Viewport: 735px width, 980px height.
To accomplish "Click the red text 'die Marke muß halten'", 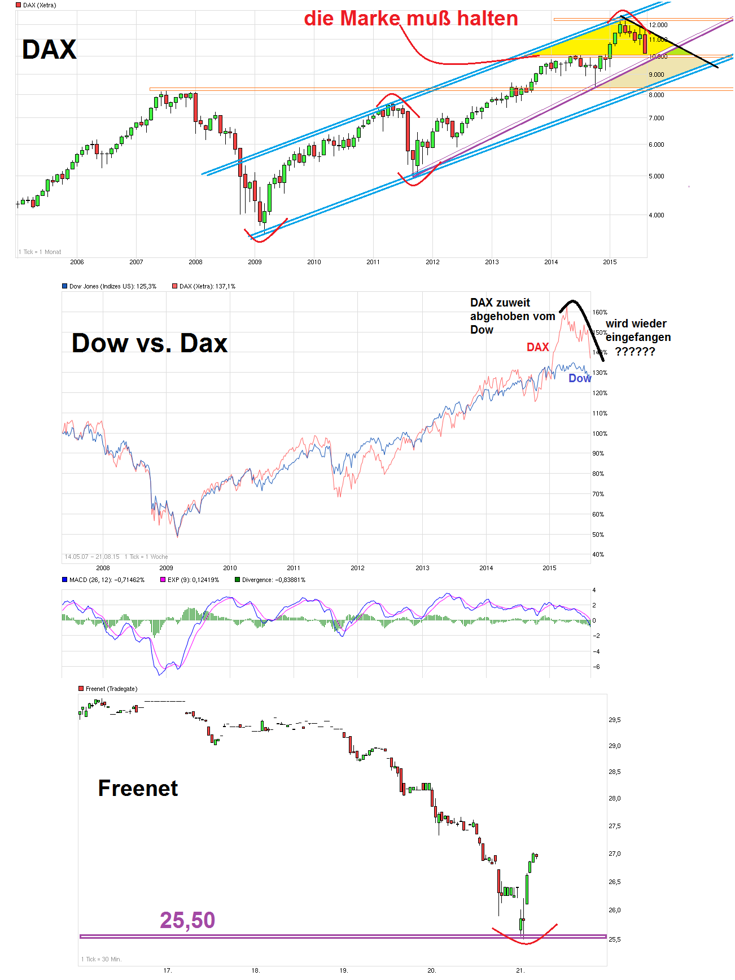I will (410, 19).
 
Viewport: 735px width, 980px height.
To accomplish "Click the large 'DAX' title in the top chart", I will (49, 50).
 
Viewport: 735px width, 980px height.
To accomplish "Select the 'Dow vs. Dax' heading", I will (150, 343).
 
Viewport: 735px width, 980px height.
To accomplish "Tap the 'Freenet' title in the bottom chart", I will (138, 788).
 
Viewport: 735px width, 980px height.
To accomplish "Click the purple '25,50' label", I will (187, 920).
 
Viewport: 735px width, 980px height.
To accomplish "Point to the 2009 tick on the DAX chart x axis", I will (255, 262).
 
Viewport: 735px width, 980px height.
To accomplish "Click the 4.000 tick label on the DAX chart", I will (656, 215).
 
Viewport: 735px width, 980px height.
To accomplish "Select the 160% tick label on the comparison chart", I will (600, 312).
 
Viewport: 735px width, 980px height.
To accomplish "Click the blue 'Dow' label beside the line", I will (579, 379).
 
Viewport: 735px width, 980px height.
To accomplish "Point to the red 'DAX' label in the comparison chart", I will (537, 347).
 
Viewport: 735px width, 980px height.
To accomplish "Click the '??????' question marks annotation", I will (635, 352).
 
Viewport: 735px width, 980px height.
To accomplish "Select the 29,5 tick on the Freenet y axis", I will (614, 720).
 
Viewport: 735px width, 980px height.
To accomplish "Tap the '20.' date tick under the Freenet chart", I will (432, 970).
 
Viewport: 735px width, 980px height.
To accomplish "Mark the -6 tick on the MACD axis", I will (596, 667).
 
